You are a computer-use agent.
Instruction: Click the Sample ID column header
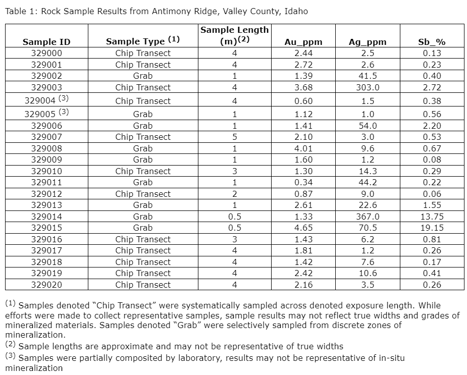[x=46, y=42]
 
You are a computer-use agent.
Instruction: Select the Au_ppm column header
[x=303, y=42]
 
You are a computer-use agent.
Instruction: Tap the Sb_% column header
[x=432, y=42]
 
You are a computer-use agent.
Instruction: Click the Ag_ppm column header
[x=368, y=42]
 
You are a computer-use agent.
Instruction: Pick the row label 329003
[x=46, y=87]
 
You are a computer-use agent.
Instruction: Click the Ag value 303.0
[x=368, y=87]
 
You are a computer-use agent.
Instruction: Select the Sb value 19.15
[x=432, y=228]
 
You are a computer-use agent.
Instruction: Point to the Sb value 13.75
[x=432, y=217]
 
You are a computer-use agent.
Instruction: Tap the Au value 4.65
[x=303, y=228]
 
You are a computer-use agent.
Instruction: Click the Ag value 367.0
[x=368, y=217]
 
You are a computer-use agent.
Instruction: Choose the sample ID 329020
[x=46, y=285]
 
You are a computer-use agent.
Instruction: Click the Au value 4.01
[x=303, y=148]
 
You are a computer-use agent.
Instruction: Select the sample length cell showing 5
[x=234, y=137]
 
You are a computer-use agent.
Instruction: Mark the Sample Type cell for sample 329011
[x=143, y=182]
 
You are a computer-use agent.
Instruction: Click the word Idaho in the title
[x=296, y=11]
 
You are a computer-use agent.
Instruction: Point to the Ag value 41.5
[x=368, y=76]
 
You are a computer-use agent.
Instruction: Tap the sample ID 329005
[x=42, y=114]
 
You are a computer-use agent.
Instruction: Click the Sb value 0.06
[x=432, y=194]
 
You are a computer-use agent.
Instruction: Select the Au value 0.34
[x=303, y=182]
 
